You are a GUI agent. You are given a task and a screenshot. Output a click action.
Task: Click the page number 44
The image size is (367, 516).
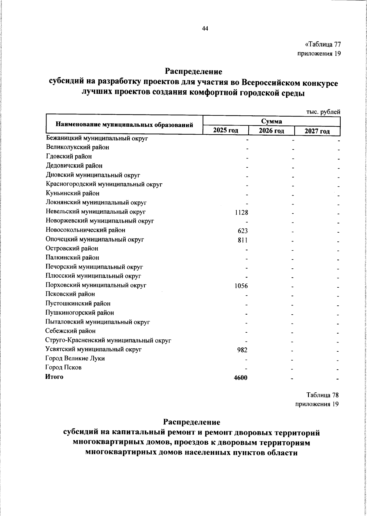coord(205,29)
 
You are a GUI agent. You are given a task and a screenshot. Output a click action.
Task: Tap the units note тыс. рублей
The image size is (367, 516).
coord(323,112)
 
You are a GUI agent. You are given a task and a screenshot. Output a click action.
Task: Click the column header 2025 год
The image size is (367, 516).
coord(226,131)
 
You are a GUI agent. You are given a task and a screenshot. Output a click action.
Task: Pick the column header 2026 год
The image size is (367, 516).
coord(271,131)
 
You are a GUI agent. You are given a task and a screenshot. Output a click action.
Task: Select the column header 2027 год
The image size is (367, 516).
coord(317,131)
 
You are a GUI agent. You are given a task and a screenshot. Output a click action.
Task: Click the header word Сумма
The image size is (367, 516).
coord(272,122)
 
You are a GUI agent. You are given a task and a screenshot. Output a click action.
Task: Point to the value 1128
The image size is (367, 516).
coord(241,212)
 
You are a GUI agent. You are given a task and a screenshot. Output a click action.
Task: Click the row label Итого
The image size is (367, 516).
coord(54,377)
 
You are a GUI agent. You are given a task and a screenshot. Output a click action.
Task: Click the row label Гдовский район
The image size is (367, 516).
coord(69,156)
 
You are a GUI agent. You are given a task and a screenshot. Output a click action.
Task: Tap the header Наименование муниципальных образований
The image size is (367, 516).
coord(124,125)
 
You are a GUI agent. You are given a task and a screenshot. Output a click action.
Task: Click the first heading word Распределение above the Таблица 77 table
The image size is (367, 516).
coord(194,72)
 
